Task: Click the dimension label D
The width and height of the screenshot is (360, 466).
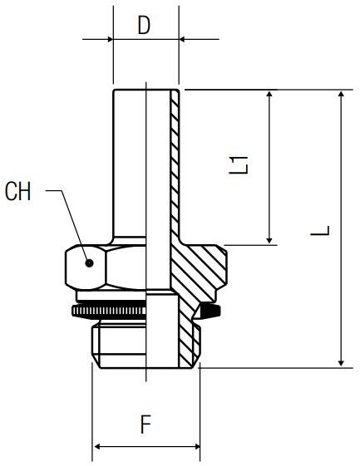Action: pos(144,25)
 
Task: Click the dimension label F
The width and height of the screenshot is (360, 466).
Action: pos(145,424)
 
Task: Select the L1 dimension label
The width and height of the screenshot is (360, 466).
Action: pos(239,165)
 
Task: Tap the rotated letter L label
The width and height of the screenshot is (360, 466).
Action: pos(320,231)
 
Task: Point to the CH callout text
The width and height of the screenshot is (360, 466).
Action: pos(17,191)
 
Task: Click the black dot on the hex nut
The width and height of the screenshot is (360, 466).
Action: pos(89,263)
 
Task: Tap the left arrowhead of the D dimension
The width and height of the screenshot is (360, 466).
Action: pos(110,39)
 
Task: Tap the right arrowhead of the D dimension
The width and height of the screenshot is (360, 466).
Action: pos(182,39)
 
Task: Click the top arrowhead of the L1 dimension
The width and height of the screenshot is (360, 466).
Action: pos(269,94)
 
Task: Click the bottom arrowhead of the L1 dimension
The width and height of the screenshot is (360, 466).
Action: pos(269,241)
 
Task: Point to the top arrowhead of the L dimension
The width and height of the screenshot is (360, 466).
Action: pos(342,94)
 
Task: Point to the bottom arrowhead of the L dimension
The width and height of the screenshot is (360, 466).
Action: pos(342,363)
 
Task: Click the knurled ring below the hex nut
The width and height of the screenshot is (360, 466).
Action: pos(109,311)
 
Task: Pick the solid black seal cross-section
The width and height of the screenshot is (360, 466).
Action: pos(210,311)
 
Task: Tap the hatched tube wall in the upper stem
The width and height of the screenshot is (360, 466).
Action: pos(175,164)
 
